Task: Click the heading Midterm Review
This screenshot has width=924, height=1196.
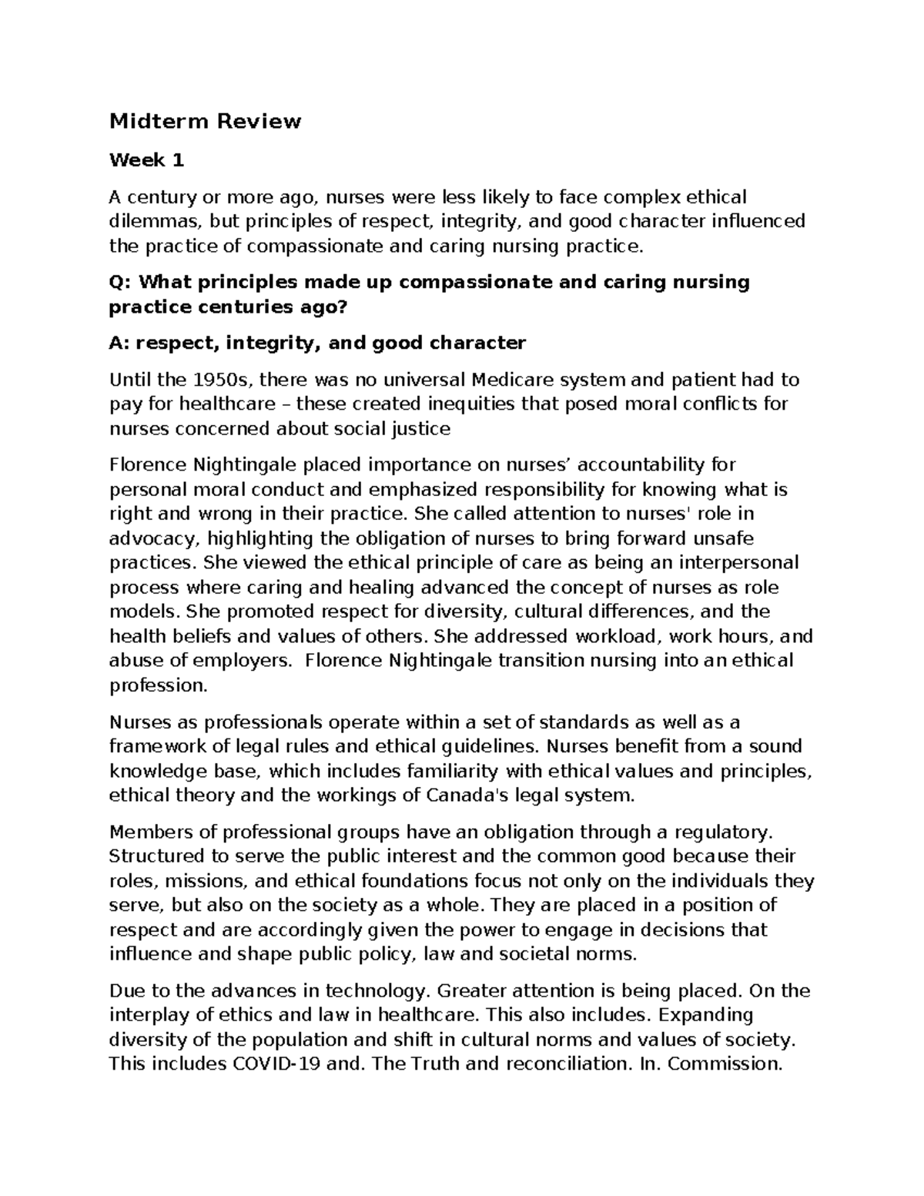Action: pyautogui.click(x=205, y=122)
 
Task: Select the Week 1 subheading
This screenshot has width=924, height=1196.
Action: pyautogui.click(x=147, y=160)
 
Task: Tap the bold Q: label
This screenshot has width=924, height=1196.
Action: pyautogui.click(x=121, y=283)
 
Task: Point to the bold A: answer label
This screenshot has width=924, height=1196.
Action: pyautogui.click(x=120, y=343)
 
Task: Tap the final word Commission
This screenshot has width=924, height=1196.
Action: pyautogui.click(x=726, y=1064)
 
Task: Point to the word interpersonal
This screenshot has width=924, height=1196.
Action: pyautogui.click(x=735, y=563)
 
